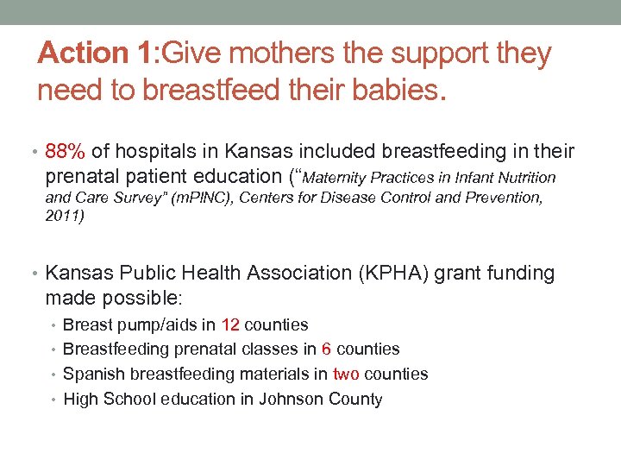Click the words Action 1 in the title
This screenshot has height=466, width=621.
(x=94, y=54)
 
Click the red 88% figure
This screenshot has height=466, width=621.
(x=65, y=152)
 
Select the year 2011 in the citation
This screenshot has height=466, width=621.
(x=64, y=217)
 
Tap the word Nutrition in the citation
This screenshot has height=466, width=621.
(x=528, y=179)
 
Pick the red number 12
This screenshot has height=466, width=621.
(x=230, y=325)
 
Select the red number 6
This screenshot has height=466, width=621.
(x=327, y=349)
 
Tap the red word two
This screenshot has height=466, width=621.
(x=346, y=374)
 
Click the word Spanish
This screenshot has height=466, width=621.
(x=94, y=375)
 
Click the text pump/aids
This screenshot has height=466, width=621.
(x=163, y=325)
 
